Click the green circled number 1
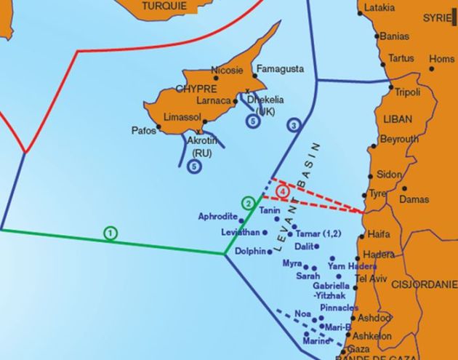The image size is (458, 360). coord(110,233)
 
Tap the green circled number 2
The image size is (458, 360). coord(248,203)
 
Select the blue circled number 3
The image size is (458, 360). coord(294,125)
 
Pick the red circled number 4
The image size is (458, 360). coord(283,191)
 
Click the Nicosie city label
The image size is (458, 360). coord(225,71)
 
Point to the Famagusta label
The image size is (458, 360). coord(279,68)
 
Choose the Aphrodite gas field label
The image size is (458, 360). coord(217,217)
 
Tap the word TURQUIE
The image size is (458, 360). coord(164,6)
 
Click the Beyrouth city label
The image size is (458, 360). coord(399,139)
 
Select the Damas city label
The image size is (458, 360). coord(414,199)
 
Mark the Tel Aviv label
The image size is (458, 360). coord(371,279)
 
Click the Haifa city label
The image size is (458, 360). coord(379,234)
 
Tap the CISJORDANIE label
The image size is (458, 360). coord(422,286)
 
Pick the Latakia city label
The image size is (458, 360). coord(379,8)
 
